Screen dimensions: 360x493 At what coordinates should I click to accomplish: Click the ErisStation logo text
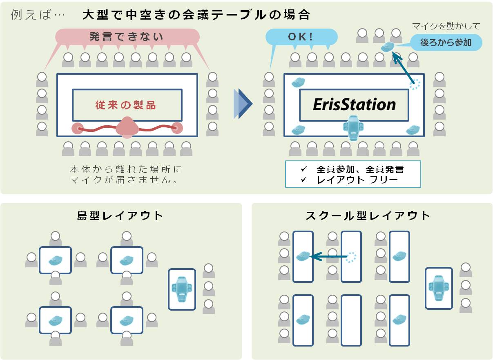click(354, 105)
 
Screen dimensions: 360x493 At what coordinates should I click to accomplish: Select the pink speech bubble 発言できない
click(127, 37)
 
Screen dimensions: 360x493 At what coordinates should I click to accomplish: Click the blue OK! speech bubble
click(301, 37)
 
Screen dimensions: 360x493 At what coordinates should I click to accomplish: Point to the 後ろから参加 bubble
click(446, 42)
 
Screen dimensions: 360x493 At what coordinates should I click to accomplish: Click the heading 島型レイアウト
click(120, 216)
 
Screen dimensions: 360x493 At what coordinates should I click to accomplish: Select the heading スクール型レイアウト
click(368, 216)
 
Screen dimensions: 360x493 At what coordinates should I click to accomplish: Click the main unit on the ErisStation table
click(354, 127)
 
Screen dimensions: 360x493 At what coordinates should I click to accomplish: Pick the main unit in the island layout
click(182, 289)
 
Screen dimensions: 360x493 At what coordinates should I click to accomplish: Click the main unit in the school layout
click(439, 288)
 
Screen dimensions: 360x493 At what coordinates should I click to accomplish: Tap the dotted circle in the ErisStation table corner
click(415, 84)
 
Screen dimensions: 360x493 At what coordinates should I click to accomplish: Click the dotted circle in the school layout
click(351, 257)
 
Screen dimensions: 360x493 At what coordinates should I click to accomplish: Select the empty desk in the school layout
click(351, 320)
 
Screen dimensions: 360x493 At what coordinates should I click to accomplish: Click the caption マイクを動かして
click(446, 27)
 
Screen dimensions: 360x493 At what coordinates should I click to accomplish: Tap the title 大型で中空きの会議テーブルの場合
click(196, 15)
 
